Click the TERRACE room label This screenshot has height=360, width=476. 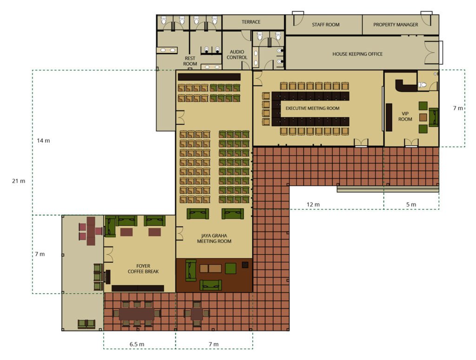251,22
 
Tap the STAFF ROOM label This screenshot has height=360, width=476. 325,25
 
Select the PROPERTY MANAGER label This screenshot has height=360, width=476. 396,25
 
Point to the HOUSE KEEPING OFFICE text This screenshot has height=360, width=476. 357,54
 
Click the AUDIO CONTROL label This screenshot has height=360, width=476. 237,55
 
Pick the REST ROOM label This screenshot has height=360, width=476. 190,61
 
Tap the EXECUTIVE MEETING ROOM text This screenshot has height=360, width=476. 312,108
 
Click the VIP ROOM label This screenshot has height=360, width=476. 405,116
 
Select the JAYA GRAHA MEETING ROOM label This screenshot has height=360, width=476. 214,239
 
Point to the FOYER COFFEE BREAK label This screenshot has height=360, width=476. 143,269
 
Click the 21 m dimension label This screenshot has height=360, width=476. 19,181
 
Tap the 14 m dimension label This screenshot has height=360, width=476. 43,140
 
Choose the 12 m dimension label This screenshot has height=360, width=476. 313,205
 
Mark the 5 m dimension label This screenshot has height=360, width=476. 411,205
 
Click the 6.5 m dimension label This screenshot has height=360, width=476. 137,344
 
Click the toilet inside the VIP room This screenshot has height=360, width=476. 422,85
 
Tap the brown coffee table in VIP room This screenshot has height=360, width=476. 423,117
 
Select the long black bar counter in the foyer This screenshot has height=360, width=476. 138,288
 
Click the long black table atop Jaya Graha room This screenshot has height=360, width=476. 209,77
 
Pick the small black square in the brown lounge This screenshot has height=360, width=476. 245,265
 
